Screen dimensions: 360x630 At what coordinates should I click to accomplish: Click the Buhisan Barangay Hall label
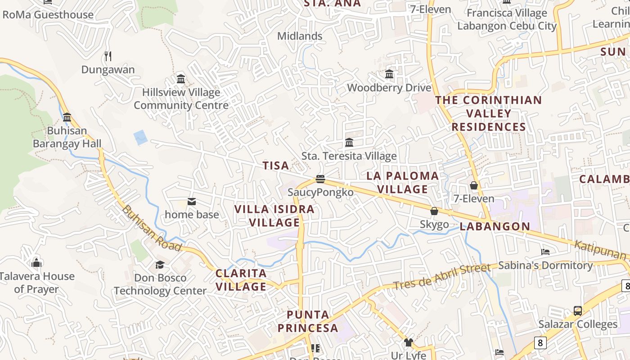click(67, 138)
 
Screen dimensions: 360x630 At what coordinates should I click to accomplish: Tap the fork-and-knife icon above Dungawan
click(108, 56)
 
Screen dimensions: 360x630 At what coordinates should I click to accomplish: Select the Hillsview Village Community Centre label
click(181, 99)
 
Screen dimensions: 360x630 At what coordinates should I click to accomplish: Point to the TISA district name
click(276, 166)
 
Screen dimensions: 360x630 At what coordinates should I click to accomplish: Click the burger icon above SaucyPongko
click(320, 179)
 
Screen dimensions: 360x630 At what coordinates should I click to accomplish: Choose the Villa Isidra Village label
click(274, 216)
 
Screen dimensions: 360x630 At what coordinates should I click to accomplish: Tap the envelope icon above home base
click(192, 202)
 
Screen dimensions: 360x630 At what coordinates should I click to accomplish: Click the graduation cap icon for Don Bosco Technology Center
click(160, 265)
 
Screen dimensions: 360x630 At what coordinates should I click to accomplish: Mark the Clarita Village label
click(241, 280)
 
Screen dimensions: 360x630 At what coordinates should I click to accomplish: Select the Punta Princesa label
click(308, 321)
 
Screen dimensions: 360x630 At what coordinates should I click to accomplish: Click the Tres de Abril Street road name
click(441, 276)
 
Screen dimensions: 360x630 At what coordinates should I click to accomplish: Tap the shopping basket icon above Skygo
click(434, 211)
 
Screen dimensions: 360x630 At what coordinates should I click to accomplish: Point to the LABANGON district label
click(495, 226)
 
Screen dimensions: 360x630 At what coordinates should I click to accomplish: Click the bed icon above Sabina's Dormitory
click(545, 252)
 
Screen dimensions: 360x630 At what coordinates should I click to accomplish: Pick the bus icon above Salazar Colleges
click(578, 311)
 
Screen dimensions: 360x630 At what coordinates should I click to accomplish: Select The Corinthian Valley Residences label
click(489, 113)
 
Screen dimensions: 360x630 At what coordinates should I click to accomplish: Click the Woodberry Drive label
click(389, 88)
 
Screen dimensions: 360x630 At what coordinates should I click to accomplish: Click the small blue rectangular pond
click(141, 137)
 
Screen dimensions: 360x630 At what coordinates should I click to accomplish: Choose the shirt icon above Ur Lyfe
click(409, 342)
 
